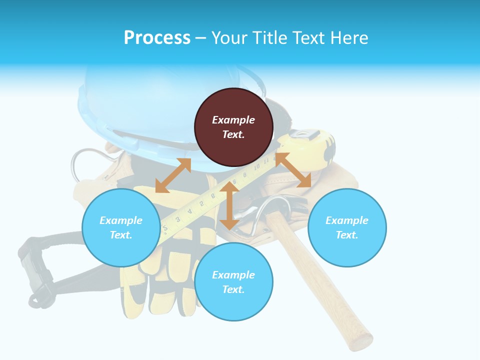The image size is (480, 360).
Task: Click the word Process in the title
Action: pos(157,38)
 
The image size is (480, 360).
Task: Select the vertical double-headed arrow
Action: pos(229,205)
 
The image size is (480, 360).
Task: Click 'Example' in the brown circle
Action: pos(233,120)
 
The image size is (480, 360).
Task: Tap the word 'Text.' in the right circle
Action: pos(347,235)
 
